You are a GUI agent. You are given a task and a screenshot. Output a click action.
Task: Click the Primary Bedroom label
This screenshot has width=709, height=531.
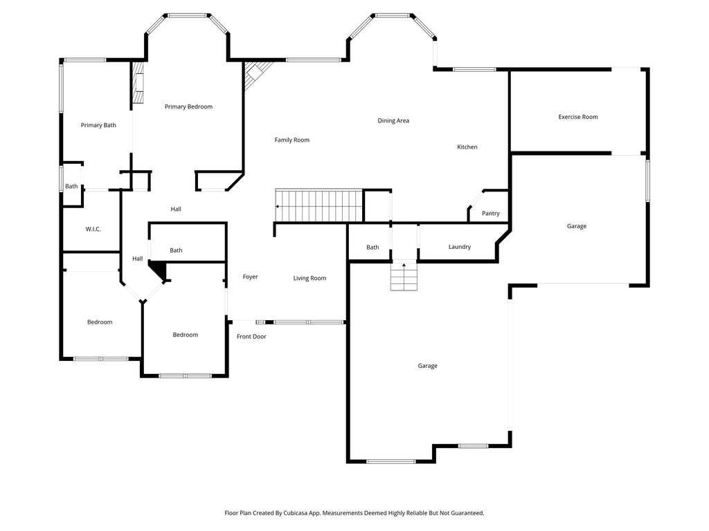coord(188,106)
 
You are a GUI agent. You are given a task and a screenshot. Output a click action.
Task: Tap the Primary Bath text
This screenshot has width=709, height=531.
coord(98,125)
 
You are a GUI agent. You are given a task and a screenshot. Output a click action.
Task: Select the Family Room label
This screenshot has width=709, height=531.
coord(291,140)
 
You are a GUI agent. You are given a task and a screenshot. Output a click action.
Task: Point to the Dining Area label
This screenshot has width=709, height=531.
coord(393,120)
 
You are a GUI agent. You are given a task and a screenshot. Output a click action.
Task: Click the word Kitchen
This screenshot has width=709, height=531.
coord(467,147)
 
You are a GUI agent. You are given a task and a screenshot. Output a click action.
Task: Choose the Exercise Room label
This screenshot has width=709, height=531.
coord(577,117)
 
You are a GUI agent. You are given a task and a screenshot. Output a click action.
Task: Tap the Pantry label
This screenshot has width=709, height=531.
coord(490,214)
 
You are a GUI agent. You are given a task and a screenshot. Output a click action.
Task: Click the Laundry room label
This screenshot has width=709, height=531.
coord(459,247)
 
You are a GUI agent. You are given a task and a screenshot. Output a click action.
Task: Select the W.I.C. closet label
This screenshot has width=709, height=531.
coord(93,229)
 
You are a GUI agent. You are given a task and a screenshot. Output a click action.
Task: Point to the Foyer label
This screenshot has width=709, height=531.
coord(250,277)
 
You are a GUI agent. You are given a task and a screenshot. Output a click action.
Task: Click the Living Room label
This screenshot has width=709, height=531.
coord(309,278)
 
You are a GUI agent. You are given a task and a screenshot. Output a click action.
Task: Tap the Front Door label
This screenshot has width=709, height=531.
coord(251,337)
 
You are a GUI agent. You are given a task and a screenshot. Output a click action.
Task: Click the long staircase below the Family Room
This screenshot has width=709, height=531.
coord(319,205)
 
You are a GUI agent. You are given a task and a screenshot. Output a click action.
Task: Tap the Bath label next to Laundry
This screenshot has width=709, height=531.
coord(373,247)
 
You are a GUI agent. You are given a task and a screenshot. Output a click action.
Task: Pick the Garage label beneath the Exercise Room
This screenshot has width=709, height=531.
coord(576,226)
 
